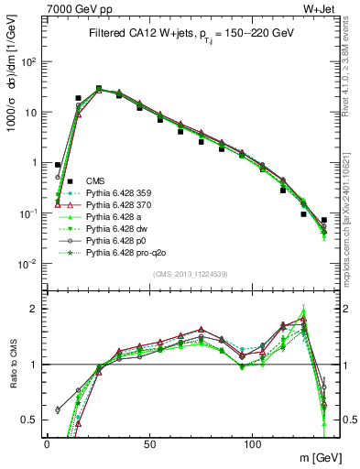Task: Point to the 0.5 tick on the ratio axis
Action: click(x=29, y=420)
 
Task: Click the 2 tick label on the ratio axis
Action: click(x=33, y=309)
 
